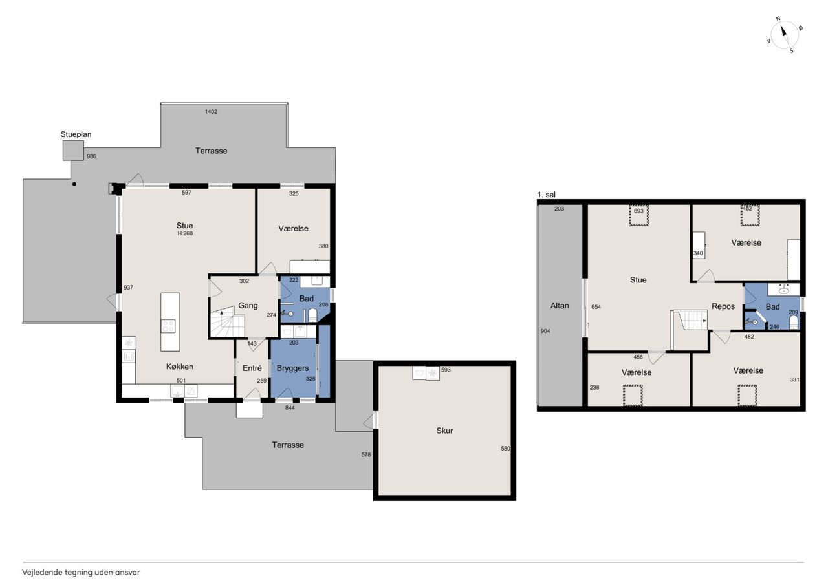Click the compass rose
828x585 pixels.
click(x=784, y=35)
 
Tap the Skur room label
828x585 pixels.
click(x=444, y=431)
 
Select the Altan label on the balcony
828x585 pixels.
click(x=560, y=306)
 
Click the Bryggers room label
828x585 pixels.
click(x=292, y=368)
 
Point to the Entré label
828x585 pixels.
click(x=252, y=368)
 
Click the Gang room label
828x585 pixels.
click(x=248, y=306)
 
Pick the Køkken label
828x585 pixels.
click(x=180, y=367)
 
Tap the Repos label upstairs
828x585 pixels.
click(x=723, y=306)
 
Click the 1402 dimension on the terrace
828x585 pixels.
click(x=211, y=112)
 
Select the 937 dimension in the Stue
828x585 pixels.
click(x=128, y=288)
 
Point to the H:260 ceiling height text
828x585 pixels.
click(x=185, y=233)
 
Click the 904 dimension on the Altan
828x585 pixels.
click(x=545, y=331)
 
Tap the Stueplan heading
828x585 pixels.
click(x=76, y=134)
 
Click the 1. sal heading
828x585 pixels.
click(x=547, y=195)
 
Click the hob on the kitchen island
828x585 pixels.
click(x=168, y=326)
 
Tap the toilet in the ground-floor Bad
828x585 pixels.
click(x=312, y=315)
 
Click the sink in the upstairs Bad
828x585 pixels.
click(x=783, y=290)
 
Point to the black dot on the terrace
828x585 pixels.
click(x=74, y=184)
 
